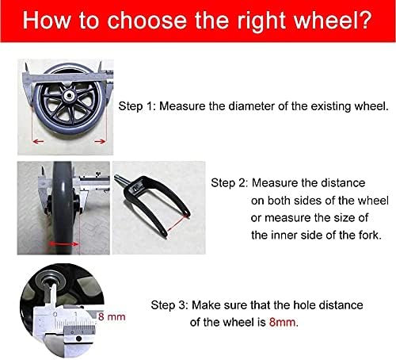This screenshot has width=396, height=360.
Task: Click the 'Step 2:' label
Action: pos(230,182)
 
